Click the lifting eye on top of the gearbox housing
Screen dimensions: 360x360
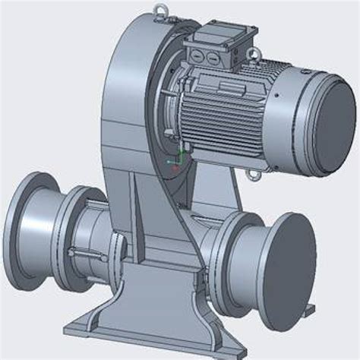[x=161, y=9]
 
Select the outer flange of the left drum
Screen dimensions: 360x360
[x=23, y=220]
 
